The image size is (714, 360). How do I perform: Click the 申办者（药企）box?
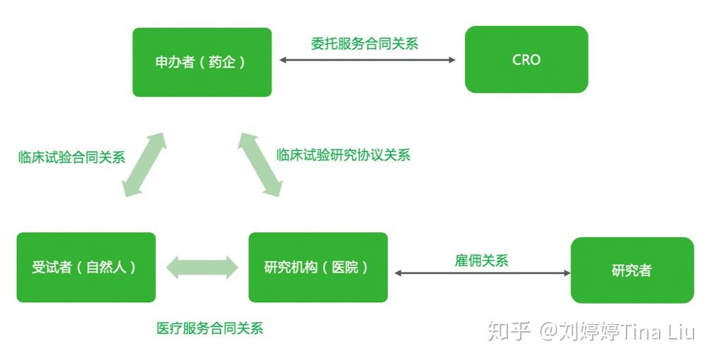pyautogui.click(x=202, y=62)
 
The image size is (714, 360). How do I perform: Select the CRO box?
pyautogui.click(x=526, y=60)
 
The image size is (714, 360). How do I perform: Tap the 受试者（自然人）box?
pyautogui.click(x=86, y=268)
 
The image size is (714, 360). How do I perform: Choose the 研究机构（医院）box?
pyautogui.click(x=317, y=268)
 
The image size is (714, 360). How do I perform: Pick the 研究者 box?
pyautogui.click(x=631, y=270)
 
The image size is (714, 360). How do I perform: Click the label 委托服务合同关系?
pyautogui.click(x=365, y=43)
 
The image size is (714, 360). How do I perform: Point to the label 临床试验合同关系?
pyautogui.click(x=71, y=157)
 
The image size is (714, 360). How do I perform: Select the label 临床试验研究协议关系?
pyautogui.click(x=343, y=155)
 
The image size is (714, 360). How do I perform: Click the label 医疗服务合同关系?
pyautogui.click(x=210, y=328)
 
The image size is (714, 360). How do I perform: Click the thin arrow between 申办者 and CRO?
pyautogui.click(x=367, y=60)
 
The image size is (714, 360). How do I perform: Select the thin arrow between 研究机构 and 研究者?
pyautogui.click(x=482, y=272)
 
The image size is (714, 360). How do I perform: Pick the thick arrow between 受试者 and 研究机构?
pyautogui.click(x=202, y=268)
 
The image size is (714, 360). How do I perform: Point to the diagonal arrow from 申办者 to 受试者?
pyautogui.click(x=144, y=164)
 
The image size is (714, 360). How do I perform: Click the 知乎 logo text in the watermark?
pyautogui.click(x=509, y=331)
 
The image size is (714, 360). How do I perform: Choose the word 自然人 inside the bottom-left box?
pyautogui.click(x=107, y=268)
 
